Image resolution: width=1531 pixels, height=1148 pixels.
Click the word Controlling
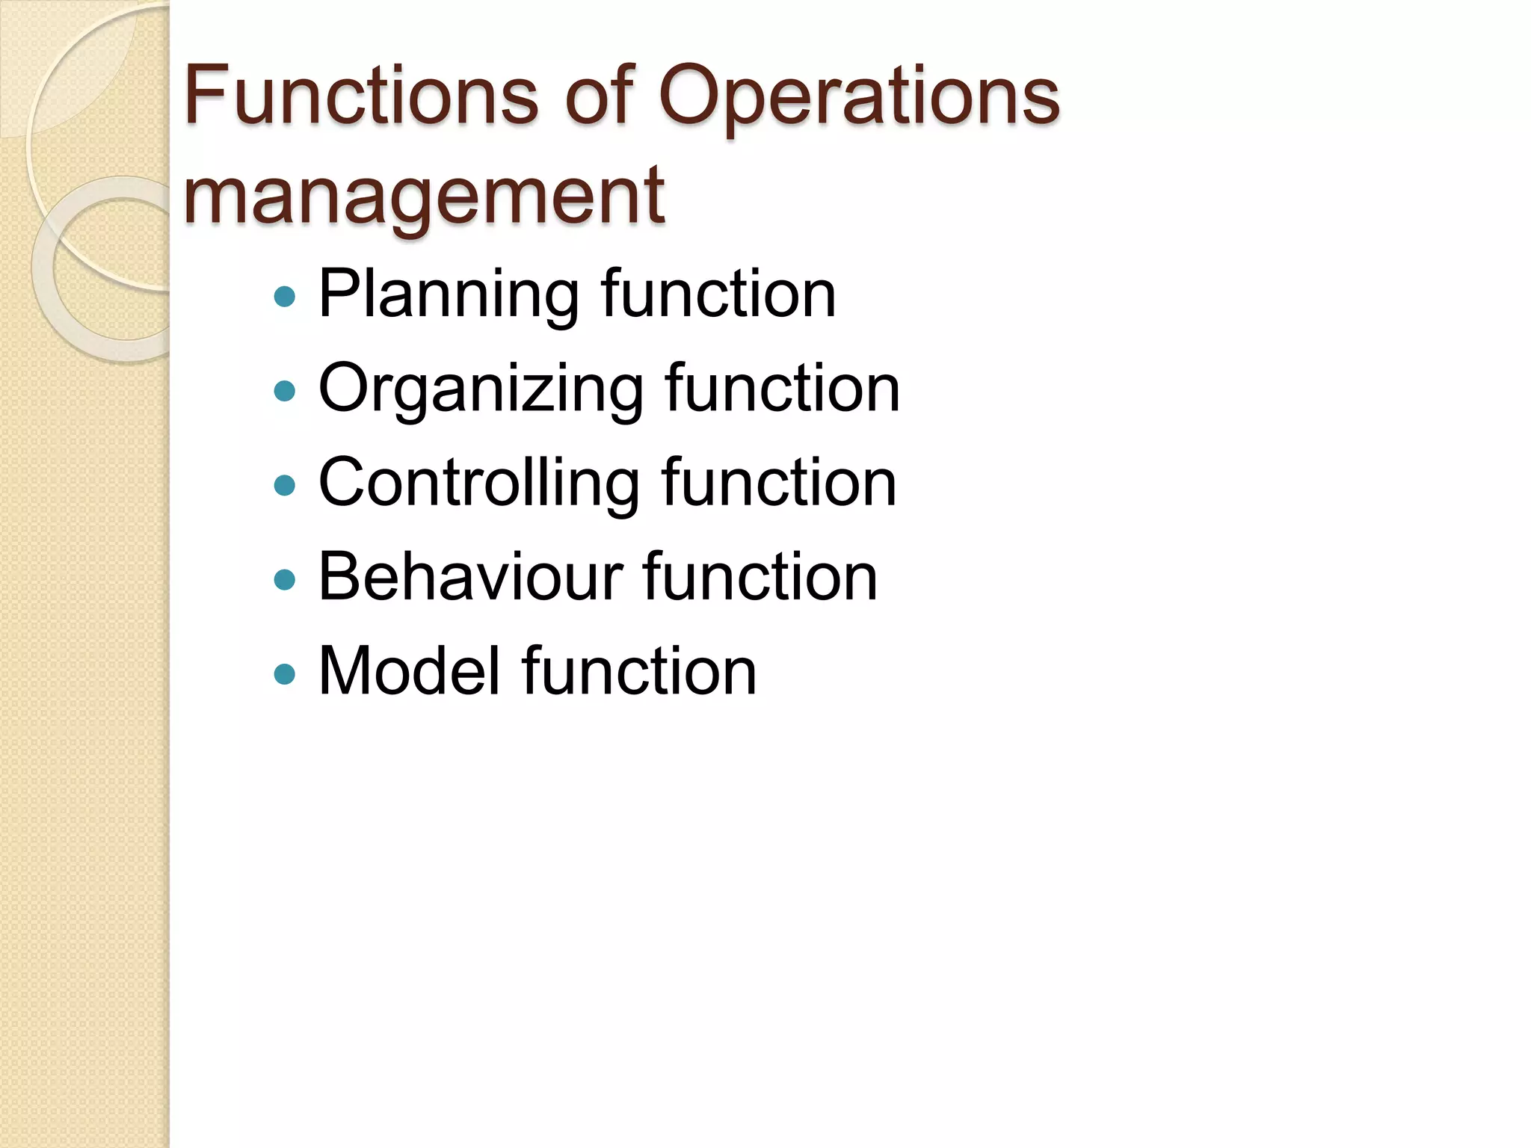click(479, 483)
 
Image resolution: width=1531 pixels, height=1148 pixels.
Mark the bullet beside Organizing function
click(285, 391)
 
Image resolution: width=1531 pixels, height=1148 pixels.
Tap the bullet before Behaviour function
click(285, 579)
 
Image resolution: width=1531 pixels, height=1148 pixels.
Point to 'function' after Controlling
click(779, 483)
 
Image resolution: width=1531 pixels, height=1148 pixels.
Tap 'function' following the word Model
click(639, 670)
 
